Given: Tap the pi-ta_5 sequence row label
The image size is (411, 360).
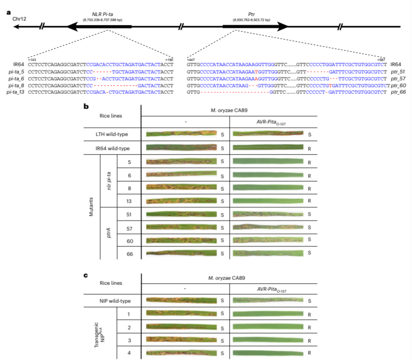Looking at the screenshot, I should (16, 72).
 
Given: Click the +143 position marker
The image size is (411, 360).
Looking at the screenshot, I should (32, 60).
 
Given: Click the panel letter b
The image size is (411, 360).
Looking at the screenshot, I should (86, 106).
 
